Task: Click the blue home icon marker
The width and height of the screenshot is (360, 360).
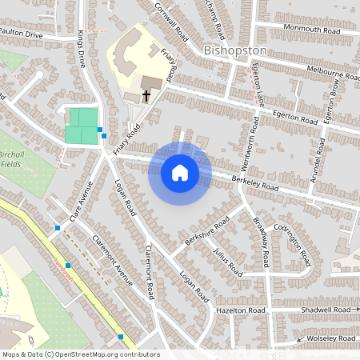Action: click(x=180, y=173)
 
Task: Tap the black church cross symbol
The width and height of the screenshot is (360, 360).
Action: click(x=146, y=96)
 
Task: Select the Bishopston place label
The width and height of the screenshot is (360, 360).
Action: click(x=234, y=50)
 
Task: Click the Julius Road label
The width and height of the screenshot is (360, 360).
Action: click(x=227, y=262)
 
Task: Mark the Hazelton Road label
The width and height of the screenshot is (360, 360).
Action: click(x=240, y=309)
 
